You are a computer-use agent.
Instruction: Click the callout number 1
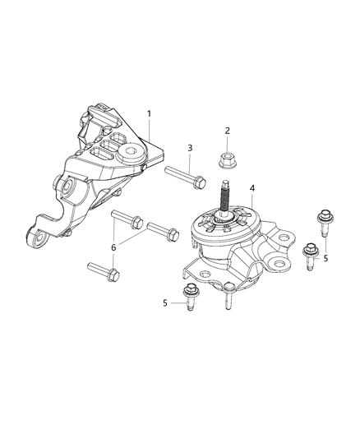tap(149, 114)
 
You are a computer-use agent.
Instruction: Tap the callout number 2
tap(228, 131)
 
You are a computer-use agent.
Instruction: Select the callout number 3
tap(189, 149)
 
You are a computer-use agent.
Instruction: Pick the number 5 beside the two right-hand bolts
tap(325, 257)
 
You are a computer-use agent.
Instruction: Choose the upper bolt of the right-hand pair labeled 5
tap(321, 224)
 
